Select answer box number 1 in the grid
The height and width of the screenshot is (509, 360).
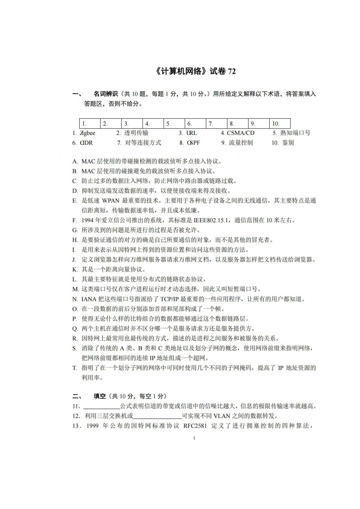(90, 123)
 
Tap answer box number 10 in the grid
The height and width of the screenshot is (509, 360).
(280, 123)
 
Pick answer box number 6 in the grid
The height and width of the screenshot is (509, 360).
(195, 123)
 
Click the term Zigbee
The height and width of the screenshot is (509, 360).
(88, 133)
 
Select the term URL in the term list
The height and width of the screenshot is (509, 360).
(191, 133)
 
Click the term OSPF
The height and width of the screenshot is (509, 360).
(193, 143)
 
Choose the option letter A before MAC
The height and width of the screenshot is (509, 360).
(75, 161)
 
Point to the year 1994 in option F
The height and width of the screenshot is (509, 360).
(88, 220)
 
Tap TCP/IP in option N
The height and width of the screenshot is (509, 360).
(169, 299)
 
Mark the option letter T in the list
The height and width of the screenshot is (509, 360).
(74, 368)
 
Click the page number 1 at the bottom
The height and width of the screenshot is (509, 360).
(194, 438)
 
